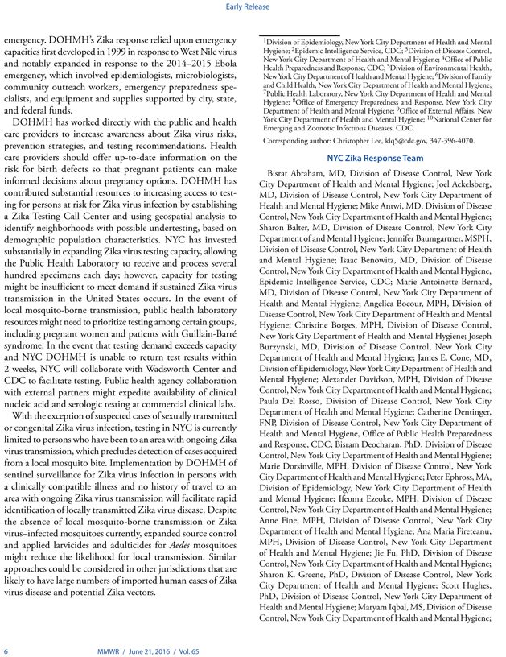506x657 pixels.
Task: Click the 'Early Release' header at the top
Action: [x=253, y=11]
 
